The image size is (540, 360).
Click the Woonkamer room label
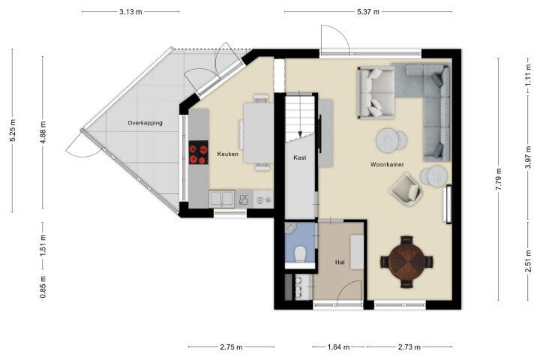point(387,164)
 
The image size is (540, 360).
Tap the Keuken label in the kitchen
point(228,154)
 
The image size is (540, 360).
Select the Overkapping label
point(145,123)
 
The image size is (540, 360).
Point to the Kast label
point(299,157)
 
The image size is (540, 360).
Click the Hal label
point(340,262)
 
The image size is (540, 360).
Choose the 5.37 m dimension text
point(368,12)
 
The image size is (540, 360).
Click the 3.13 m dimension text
point(130,12)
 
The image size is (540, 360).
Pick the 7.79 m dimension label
point(499,178)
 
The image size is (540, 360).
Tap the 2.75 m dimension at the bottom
point(231,347)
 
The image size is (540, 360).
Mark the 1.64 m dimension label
point(338,347)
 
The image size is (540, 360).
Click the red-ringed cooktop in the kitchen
point(198,152)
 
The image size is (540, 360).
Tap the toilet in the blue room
point(300,254)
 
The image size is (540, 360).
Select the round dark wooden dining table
point(406,262)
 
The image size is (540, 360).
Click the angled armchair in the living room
point(406,190)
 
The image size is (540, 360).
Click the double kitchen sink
point(222,199)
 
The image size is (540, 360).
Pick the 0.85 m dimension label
point(43,287)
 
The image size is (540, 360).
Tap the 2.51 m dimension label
point(528,261)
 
